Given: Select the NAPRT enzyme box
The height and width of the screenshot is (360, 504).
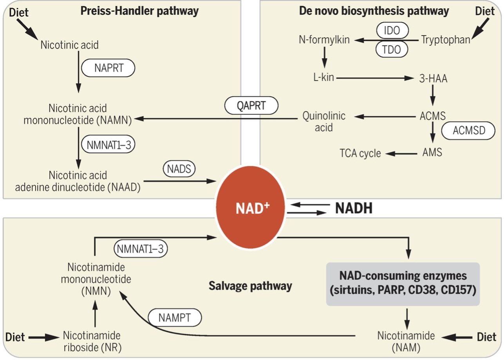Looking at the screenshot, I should point(108,68).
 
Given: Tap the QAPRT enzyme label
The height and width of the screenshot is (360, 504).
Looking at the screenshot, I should point(251,106).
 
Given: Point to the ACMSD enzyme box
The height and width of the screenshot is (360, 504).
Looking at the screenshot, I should point(468,131).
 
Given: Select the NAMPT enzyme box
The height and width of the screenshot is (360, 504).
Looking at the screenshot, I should point(175,318).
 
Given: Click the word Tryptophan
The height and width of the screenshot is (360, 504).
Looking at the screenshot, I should point(445,40).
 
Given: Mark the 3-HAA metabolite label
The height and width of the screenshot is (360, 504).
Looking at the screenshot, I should point(433,79).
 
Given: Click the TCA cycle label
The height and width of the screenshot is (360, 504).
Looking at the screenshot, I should point(360,153).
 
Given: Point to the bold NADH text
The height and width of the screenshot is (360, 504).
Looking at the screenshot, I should point(353,209).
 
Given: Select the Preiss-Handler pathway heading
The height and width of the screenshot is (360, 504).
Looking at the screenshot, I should point(139,11).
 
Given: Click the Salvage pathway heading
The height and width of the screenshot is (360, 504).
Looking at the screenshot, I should point(250,286).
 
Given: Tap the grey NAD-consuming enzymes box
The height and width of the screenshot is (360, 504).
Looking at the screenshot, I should point(404,284).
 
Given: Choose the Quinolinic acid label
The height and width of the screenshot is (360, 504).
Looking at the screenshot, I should point(324,121).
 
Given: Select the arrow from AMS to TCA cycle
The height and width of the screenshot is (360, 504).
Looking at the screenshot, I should point(401,153).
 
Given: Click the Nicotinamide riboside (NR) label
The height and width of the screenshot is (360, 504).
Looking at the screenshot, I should point(92,342).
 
